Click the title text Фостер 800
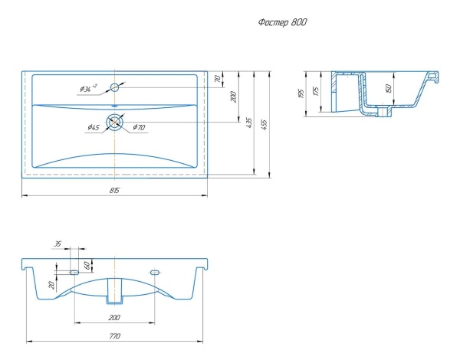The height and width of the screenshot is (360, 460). coord(282,22)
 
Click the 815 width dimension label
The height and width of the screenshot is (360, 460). coord(114,190)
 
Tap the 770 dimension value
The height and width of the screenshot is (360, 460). coord(115,336)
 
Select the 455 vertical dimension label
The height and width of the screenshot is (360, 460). coord(264,125)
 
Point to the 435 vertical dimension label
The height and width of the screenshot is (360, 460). coord(249,123)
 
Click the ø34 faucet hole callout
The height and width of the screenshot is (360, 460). coord(88,88)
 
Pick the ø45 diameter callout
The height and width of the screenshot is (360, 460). coord(94,127)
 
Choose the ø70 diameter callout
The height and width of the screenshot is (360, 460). coord(139,127)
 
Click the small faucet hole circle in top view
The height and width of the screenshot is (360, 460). coord(114,87)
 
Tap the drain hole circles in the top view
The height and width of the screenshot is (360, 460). coord(115,122)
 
